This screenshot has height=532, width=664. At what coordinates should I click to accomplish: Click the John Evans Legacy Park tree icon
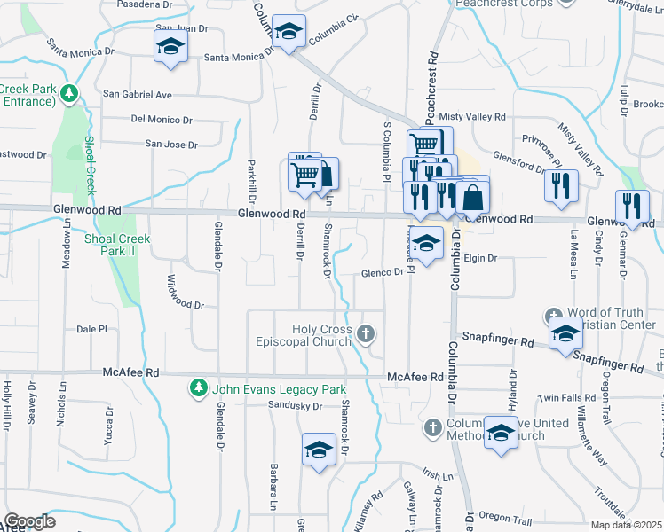click(199, 388)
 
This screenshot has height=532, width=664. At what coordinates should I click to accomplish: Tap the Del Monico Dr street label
click(162, 120)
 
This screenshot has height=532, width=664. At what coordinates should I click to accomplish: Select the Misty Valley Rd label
click(472, 117)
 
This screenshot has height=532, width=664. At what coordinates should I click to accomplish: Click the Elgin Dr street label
click(481, 258)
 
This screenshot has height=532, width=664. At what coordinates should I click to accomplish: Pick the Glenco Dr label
click(383, 273)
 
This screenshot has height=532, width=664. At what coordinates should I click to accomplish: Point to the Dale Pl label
click(91, 328)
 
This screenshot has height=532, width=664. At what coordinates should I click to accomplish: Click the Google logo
click(29, 521)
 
